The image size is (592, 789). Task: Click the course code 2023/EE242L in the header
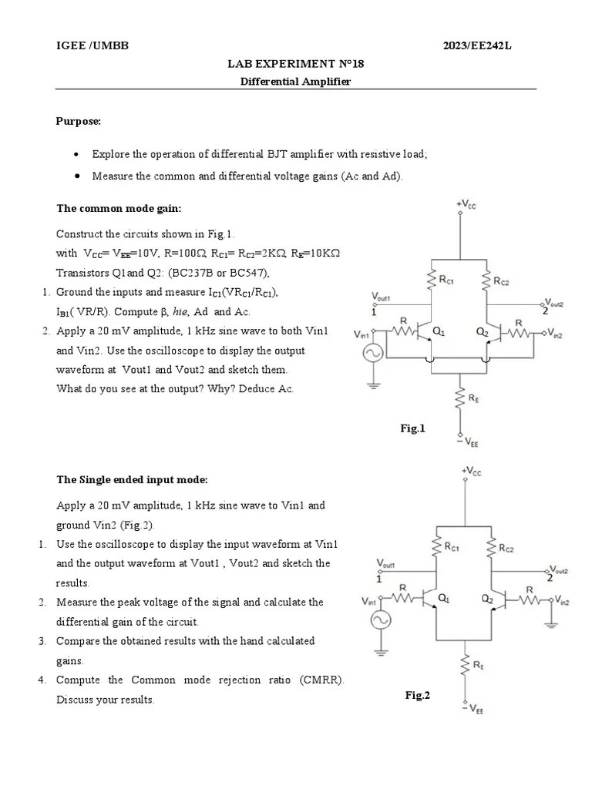[477, 46]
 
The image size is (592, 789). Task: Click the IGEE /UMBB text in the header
[91, 46]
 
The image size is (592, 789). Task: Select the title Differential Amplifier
[296, 82]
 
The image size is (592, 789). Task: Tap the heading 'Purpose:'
[79, 121]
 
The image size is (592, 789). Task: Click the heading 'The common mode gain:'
[119, 208]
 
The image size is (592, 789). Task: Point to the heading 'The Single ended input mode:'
[132, 479]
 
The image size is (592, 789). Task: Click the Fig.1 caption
[412, 428]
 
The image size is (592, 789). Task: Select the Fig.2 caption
[418, 695]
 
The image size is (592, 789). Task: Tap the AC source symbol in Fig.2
[379, 620]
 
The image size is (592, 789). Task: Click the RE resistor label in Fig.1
[475, 398]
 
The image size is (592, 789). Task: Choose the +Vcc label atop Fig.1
[466, 203]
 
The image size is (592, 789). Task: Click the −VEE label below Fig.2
[474, 710]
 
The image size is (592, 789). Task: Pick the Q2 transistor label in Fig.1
[483, 331]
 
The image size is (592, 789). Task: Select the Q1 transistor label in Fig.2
[444, 597]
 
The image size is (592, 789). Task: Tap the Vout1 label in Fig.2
[385, 564]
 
